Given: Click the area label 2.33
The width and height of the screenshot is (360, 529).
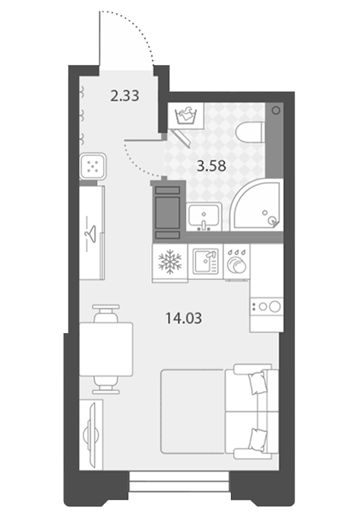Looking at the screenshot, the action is pos(125,96).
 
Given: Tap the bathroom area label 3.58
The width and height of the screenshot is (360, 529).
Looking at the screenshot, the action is pos(211,166).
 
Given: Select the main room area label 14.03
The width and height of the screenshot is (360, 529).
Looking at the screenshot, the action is pos(184,318).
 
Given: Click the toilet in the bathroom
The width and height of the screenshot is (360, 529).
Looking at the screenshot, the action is pos(251,132).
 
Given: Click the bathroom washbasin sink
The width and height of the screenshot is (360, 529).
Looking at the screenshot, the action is pos(204,217).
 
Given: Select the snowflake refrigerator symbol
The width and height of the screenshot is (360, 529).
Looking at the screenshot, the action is pos(170,260).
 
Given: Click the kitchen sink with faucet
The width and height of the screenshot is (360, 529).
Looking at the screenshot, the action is pos(206,261).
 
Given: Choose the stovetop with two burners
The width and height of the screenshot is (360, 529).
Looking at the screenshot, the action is pos(267,307).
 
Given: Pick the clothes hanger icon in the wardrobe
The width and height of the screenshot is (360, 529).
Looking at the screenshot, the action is pos(91,233).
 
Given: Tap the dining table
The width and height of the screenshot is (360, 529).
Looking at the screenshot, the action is pos(106,349).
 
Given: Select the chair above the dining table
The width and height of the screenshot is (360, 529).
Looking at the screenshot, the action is pos(106,313).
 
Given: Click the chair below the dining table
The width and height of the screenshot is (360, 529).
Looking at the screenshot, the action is pos(106,385).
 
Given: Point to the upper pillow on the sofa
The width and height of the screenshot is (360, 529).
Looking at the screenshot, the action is pos(257,383).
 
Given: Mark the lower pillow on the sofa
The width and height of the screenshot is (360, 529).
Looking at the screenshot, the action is pos(257,438).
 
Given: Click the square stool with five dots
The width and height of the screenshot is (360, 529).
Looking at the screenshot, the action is pos(93,166).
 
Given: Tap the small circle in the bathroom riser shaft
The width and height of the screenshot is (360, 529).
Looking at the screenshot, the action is pos(276,110).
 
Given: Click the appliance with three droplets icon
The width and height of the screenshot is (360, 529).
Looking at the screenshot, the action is pos(236,262).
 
